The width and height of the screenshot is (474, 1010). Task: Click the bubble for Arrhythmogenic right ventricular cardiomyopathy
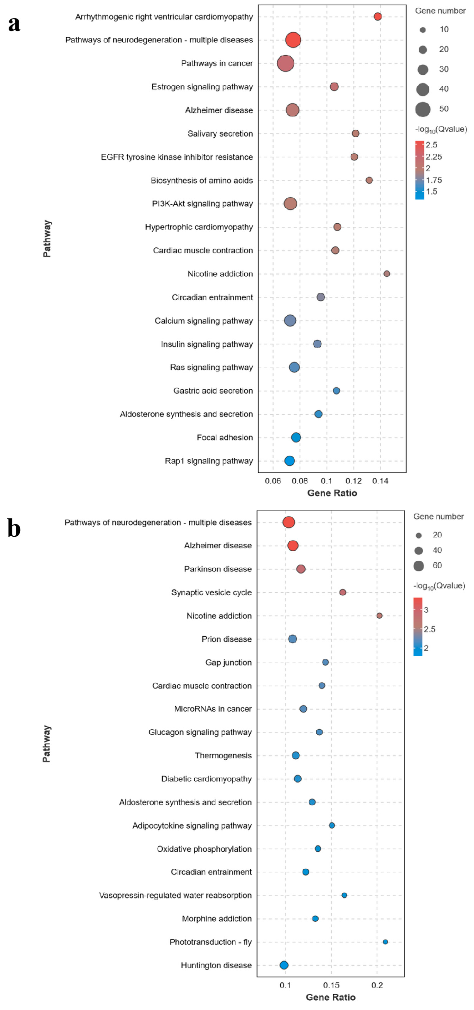[x=378, y=16]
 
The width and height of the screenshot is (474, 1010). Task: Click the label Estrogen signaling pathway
[x=202, y=87]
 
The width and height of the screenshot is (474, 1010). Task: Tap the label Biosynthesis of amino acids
[x=202, y=180]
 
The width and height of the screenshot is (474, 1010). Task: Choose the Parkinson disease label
[x=218, y=569]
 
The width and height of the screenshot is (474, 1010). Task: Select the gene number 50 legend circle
[x=423, y=109]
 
